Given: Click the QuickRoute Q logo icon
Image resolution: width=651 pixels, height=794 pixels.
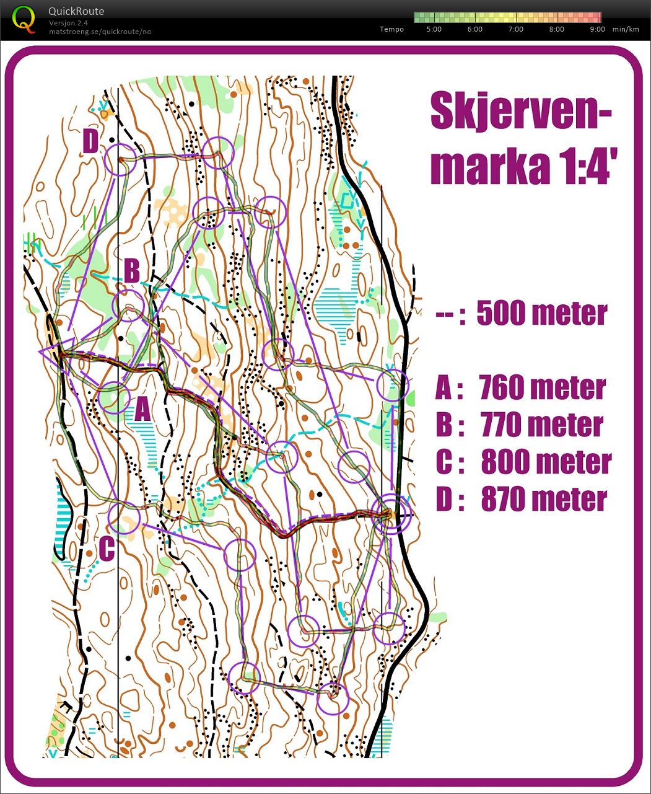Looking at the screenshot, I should point(24,19).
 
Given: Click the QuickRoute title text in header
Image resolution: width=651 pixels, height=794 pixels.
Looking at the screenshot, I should point(76,11).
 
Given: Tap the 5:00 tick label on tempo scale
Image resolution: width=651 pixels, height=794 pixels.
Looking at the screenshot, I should point(434,29).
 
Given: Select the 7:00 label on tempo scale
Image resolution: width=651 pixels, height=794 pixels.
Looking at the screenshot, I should point(515,29).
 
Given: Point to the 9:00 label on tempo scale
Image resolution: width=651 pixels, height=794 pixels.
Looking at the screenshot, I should point(597,29).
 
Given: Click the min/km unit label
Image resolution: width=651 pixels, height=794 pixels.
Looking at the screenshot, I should point(625,29).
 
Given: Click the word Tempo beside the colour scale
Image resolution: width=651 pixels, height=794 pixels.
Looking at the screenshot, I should point(391,29).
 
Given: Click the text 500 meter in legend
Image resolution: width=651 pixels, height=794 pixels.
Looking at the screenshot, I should point(541,314).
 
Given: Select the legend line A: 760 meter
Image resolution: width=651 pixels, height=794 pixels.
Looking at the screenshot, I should point(520,388).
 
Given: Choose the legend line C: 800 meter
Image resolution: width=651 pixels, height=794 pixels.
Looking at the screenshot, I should point(523,462).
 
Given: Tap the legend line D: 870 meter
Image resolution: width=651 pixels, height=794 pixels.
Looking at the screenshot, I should point(521,500).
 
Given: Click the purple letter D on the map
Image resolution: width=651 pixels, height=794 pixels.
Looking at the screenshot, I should point(90,142).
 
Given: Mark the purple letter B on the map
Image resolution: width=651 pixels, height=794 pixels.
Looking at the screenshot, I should point(132,271).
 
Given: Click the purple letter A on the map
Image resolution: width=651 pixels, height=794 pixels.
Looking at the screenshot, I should point(142,409).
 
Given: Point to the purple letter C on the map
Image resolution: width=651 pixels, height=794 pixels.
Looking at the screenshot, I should point(106,549).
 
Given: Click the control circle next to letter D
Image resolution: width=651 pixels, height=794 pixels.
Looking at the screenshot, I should point(120,159).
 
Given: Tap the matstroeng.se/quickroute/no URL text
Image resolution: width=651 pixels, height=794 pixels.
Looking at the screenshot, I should point(100,32).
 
